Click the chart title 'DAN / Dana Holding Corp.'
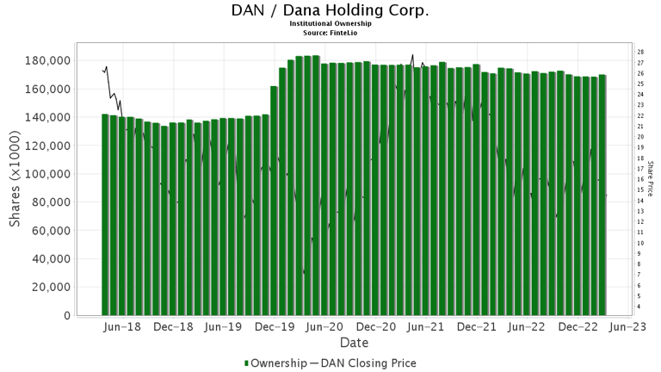click(330, 10)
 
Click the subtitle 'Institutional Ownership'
click(330, 23)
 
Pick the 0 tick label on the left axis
click(67, 316)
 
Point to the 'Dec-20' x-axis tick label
click(377, 327)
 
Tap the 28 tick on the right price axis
click(640, 52)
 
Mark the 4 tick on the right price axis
click(639, 307)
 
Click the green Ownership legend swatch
click(248, 363)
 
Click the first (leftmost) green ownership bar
click(105, 214)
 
